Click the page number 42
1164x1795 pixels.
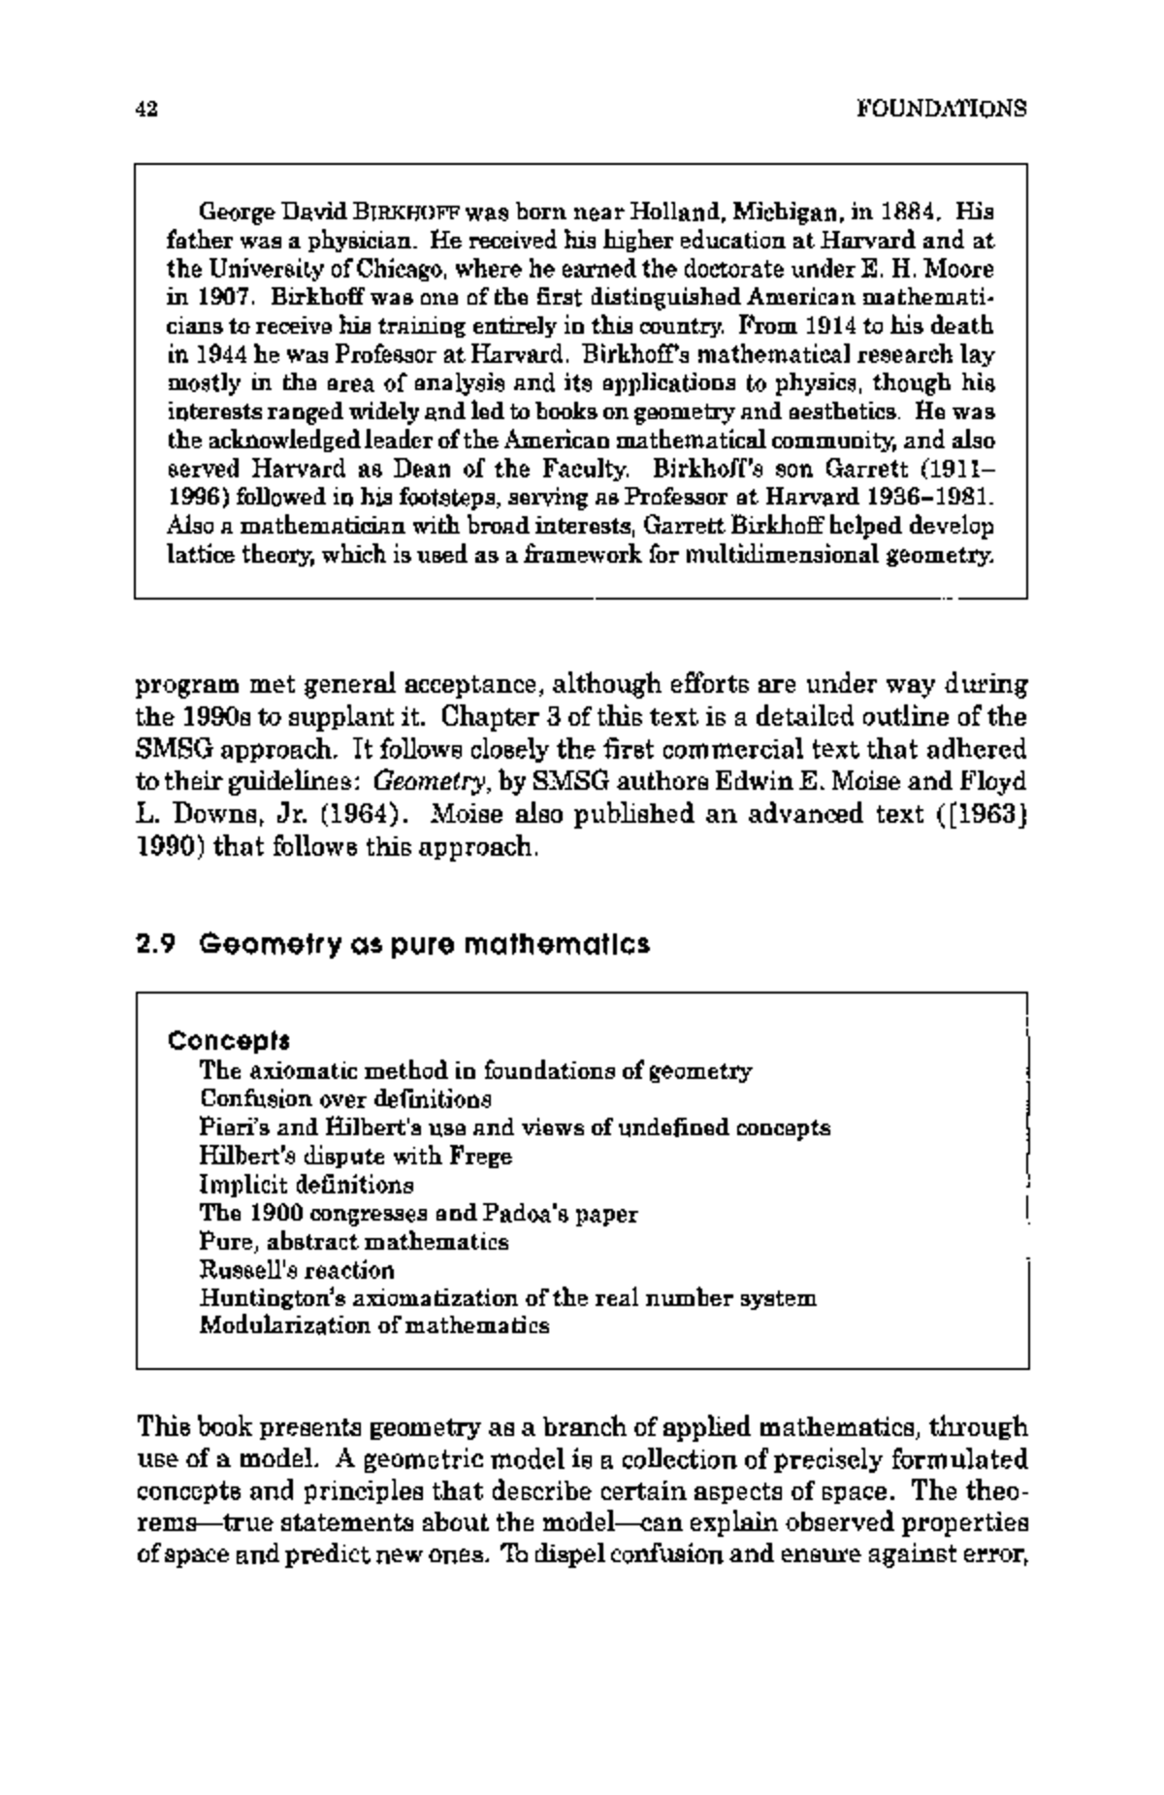click(x=146, y=109)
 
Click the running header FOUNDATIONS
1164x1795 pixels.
click(x=941, y=109)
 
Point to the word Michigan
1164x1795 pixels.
click(x=787, y=211)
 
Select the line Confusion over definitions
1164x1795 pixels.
click(x=345, y=1099)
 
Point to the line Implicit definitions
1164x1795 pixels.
click(x=307, y=1185)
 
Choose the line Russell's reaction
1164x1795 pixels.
click(x=297, y=1270)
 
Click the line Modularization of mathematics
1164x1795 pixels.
click(x=374, y=1325)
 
